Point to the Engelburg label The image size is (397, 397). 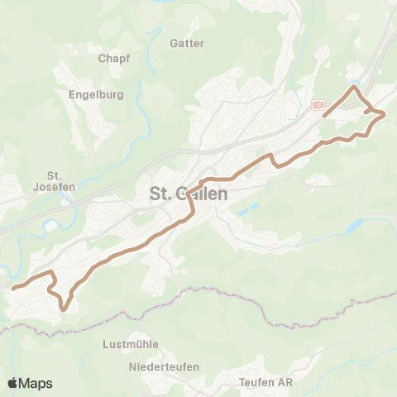pyautogui.click(x=97, y=94)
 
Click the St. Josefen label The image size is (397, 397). pyautogui.click(x=56, y=180)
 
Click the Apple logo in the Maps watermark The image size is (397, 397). pyautogui.click(x=13, y=383)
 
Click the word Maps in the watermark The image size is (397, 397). pyautogui.click(x=36, y=383)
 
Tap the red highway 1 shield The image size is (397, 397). pyautogui.click(x=317, y=104)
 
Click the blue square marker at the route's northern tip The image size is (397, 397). pyautogui.click(x=355, y=84)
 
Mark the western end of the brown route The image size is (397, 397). pyautogui.click(x=13, y=288)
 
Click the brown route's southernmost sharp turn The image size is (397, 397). pyautogui.click(x=64, y=309)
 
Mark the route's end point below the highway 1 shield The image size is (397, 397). pyautogui.click(x=323, y=115)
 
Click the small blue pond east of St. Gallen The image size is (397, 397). pyautogui.click(x=354, y=224)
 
